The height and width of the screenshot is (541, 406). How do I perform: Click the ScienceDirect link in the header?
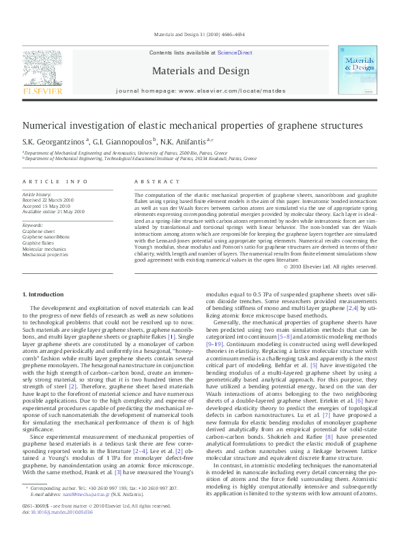(235, 52)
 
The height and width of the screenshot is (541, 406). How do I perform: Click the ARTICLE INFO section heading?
(55, 181)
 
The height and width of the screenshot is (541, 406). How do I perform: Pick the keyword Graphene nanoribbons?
(46, 237)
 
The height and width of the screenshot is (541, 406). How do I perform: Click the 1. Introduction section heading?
(43, 294)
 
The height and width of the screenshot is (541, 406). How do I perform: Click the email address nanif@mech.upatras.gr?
(80, 511)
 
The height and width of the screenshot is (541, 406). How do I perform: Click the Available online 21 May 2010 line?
(54, 211)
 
